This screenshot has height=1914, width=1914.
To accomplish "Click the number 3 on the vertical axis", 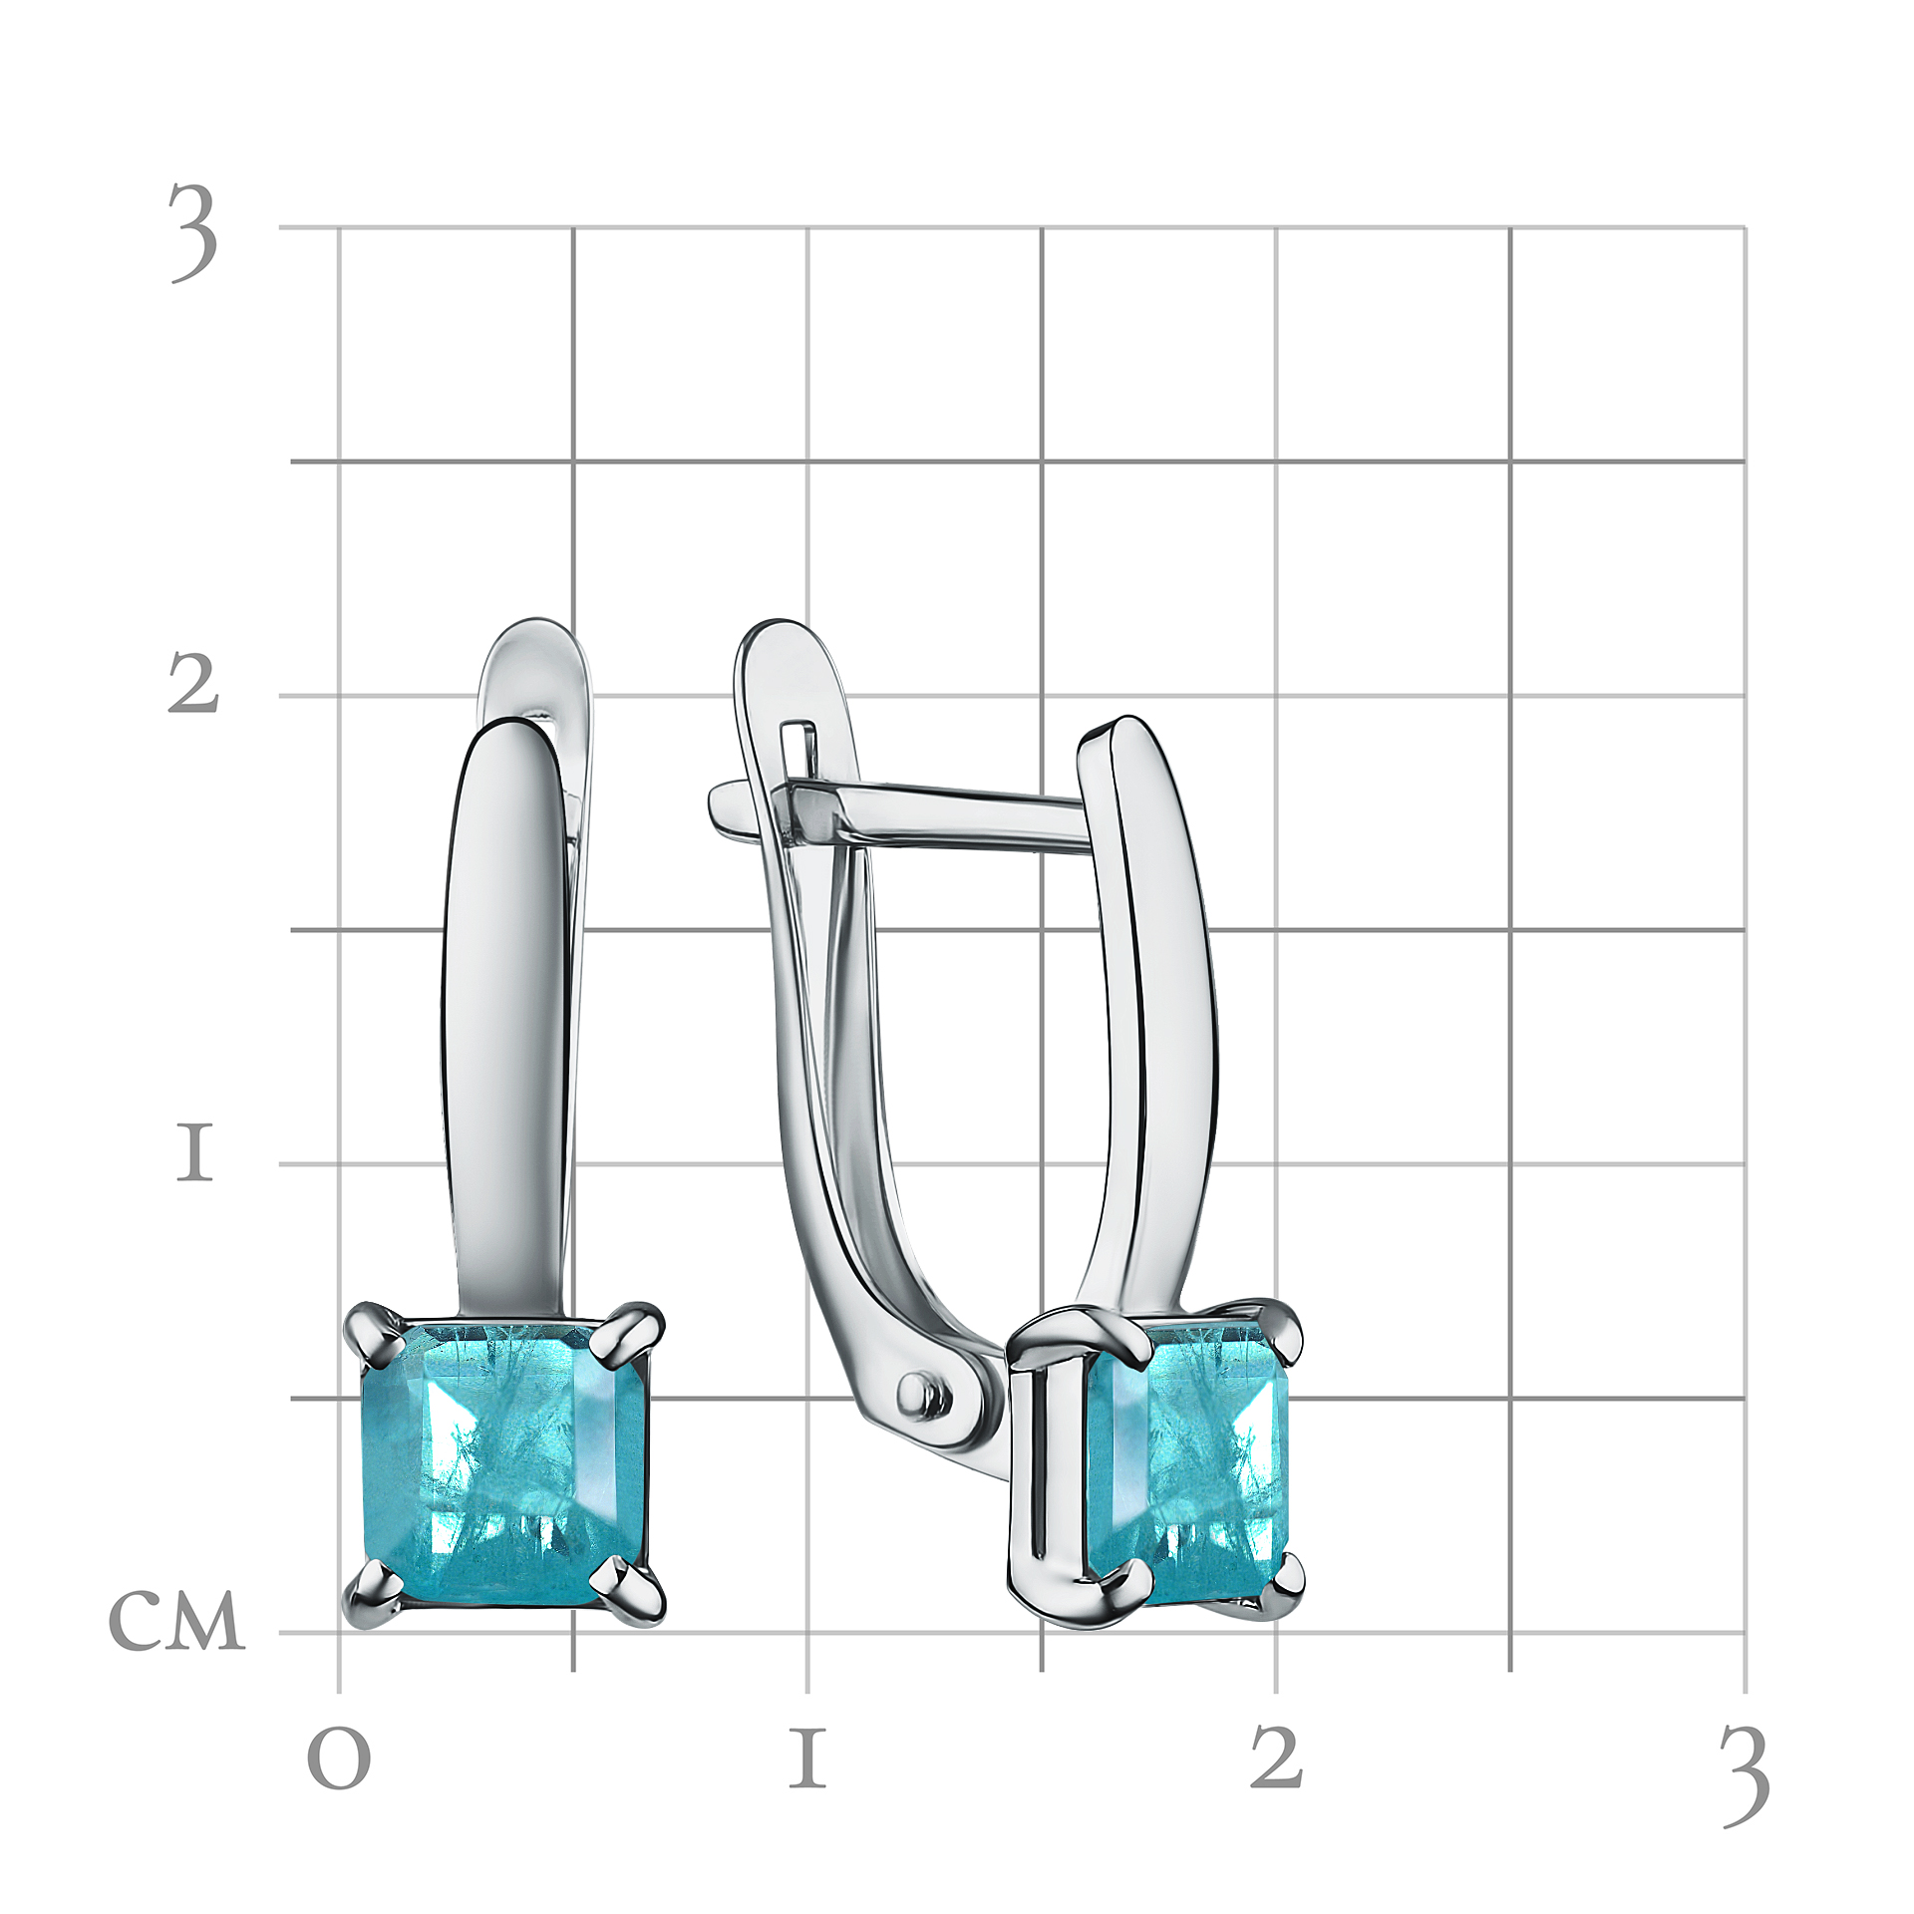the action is pos(193,233).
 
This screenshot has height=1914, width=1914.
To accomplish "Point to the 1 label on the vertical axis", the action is pos(194,1152).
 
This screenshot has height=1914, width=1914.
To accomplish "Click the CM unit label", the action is pos(176,1620).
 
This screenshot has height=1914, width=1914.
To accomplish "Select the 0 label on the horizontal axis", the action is pos(339,1759).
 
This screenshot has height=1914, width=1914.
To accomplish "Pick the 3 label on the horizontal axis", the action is pos(1746,1777).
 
